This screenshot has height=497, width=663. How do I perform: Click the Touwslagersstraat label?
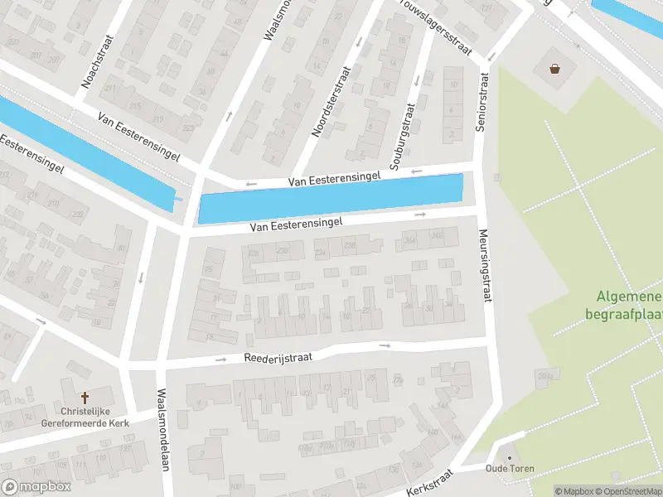coord(437,28)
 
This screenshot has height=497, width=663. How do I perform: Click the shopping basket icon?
coord(554,70)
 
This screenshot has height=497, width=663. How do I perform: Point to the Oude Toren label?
coord(510,469)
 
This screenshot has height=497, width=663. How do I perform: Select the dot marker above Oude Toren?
coord(510,456)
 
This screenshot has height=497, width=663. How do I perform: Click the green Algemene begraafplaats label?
coord(624,305)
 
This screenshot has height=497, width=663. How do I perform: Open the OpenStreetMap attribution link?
coord(626,491)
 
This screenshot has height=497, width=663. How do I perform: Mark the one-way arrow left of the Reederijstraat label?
coord(222,360)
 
